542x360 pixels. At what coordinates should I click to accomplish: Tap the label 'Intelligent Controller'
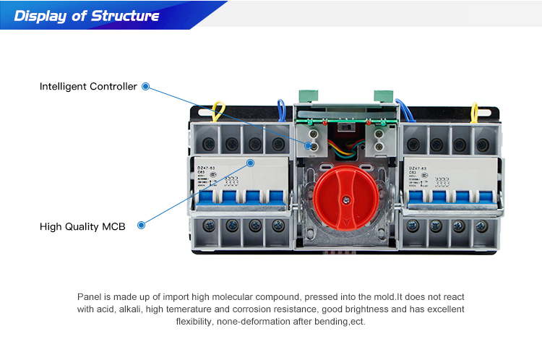(88, 87)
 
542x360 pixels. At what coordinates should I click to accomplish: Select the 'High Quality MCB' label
(82, 226)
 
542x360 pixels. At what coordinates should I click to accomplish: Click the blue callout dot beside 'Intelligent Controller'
(145, 87)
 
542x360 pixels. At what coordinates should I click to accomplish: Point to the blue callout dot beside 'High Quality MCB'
(142, 226)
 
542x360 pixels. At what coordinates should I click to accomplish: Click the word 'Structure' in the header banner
(125, 16)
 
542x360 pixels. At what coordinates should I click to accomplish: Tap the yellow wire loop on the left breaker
(216, 112)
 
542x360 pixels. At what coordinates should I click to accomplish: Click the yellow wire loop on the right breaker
(475, 113)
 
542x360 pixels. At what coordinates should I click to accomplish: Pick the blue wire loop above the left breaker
(281, 108)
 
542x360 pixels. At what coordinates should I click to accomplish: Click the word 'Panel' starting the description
(90, 297)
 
